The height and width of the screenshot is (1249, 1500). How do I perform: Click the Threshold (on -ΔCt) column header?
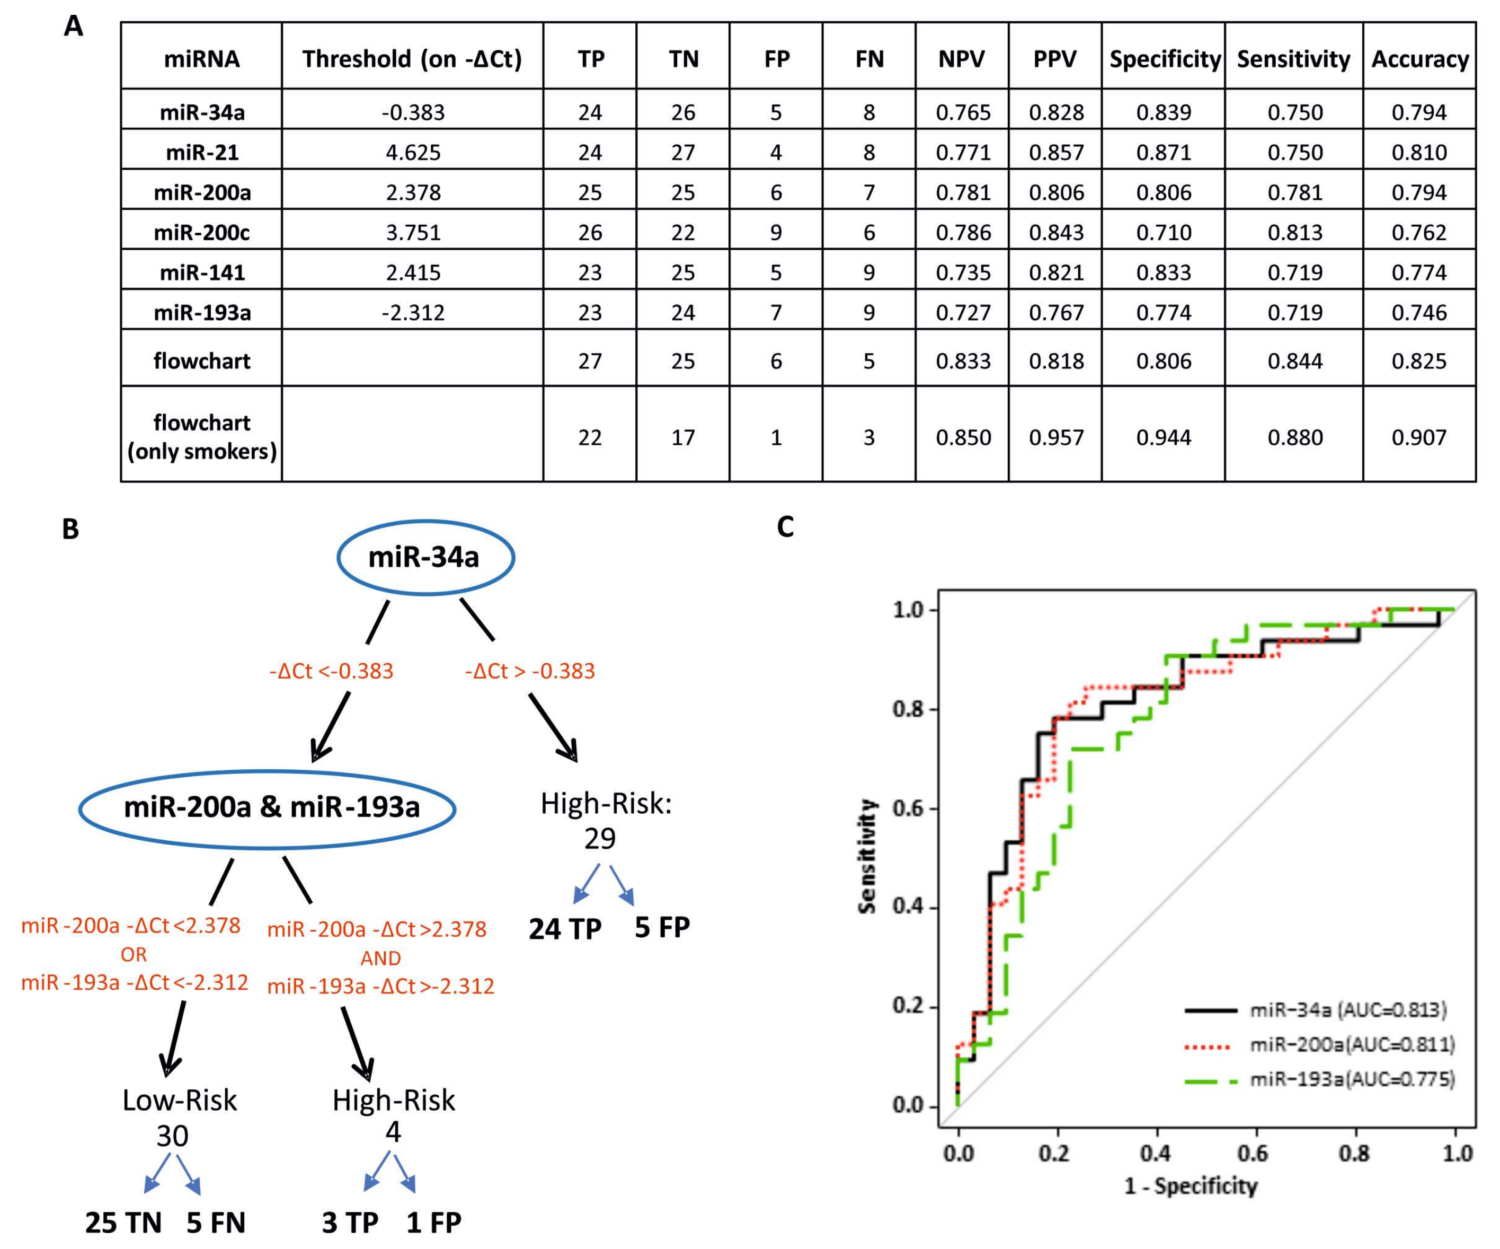pyautogui.click(x=412, y=59)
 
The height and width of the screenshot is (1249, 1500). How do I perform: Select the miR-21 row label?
pyautogui.click(x=202, y=152)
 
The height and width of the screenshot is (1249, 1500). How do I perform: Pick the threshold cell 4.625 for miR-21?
pyautogui.click(x=413, y=152)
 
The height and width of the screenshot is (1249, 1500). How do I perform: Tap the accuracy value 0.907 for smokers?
pyautogui.click(x=1418, y=437)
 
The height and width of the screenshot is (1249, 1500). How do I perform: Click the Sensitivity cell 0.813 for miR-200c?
pyautogui.click(x=1294, y=232)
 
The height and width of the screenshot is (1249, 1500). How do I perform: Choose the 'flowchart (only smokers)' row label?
pyautogui.click(x=202, y=437)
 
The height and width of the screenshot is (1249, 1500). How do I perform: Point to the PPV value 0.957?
pyautogui.click(x=1055, y=437)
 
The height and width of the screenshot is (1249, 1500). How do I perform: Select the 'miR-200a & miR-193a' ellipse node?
pyautogui.click(x=267, y=808)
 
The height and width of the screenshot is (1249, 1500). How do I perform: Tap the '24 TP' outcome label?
pyautogui.click(x=565, y=929)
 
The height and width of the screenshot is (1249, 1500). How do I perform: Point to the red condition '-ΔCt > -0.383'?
pyautogui.click(x=529, y=671)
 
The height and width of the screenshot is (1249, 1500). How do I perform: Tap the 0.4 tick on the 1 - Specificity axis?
pyautogui.click(x=1156, y=1153)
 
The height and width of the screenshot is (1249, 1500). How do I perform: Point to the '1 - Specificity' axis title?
pyautogui.click(x=1191, y=1187)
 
